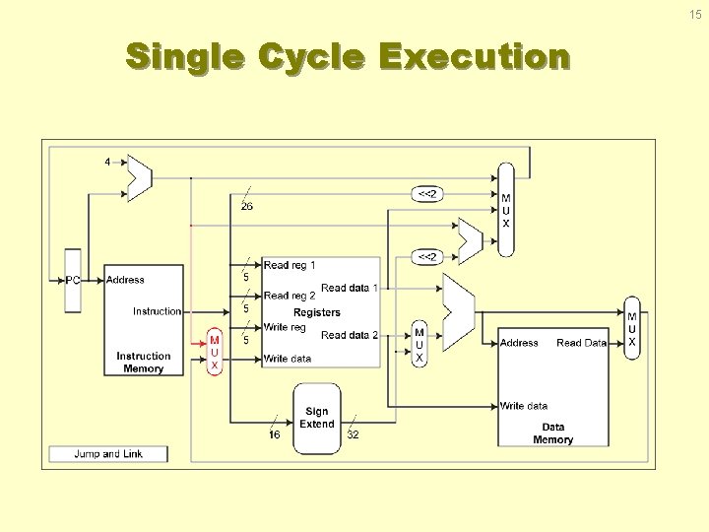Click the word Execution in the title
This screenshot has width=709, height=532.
click(x=474, y=57)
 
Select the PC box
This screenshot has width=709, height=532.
click(x=73, y=280)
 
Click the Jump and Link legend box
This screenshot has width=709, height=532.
click(x=108, y=454)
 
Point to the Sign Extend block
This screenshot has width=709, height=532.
click(x=317, y=418)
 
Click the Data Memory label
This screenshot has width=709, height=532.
click(x=553, y=433)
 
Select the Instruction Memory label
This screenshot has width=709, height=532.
click(x=144, y=363)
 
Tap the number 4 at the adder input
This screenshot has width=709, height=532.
click(x=107, y=162)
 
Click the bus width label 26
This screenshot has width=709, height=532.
click(x=247, y=206)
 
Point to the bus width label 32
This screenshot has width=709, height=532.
click(x=354, y=434)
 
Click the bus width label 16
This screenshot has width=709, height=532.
click(x=275, y=434)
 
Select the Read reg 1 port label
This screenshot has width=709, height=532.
click(x=290, y=265)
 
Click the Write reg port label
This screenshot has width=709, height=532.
click(x=286, y=327)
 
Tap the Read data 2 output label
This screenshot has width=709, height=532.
click(x=350, y=335)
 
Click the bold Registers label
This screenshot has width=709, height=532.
click(x=317, y=312)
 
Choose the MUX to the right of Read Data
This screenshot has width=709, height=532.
click(x=632, y=329)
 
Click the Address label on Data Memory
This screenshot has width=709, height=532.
click(x=519, y=343)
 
